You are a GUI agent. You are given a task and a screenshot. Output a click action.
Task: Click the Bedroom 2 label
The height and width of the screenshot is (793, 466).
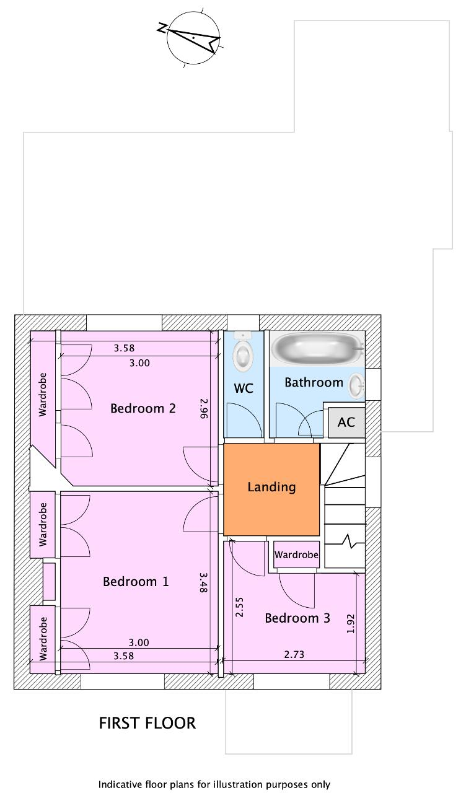[143, 408]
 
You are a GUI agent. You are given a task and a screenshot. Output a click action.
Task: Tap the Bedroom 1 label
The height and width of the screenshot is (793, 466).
[136, 582]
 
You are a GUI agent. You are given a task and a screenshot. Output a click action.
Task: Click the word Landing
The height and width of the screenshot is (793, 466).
[271, 487]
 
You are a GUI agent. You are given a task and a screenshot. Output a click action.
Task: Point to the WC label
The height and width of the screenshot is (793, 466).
[244, 388]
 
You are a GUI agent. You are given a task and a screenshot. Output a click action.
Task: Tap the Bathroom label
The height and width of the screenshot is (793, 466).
[314, 382]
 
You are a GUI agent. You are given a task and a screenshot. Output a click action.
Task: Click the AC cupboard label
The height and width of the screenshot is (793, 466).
[346, 422]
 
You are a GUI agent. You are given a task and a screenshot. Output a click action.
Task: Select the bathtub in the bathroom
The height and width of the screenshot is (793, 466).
[318, 349]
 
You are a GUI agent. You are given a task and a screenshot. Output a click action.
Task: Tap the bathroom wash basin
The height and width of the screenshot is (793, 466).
[356, 386]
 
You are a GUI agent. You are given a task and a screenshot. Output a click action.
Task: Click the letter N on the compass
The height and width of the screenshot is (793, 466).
[162, 28]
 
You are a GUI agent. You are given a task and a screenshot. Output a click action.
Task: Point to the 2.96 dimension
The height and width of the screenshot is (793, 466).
[204, 408]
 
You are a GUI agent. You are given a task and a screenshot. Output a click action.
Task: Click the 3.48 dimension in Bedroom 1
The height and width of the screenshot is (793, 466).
[203, 582]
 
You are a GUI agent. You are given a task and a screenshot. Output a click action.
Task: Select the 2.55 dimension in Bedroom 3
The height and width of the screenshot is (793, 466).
[239, 607]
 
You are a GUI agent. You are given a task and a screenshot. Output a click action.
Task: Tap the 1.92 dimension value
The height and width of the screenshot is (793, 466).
[350, 624]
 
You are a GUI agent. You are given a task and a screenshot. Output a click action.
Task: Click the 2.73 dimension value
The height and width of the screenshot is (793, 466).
[294, 654]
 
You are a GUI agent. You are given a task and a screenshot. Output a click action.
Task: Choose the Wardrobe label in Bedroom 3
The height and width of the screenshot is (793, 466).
[296, 554]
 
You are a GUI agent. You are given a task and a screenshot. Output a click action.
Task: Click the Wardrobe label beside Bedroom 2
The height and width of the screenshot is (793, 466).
[43, 395]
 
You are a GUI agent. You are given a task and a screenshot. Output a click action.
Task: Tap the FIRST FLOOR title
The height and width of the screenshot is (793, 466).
[147, 723]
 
